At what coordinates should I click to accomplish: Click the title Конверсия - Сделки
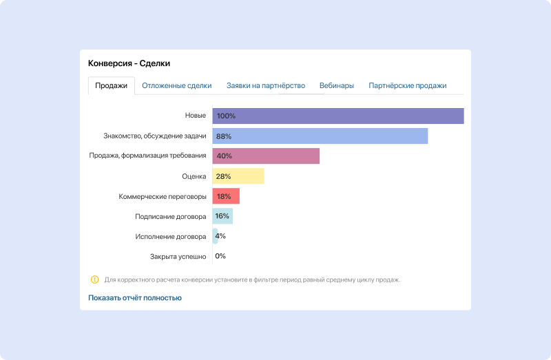[129, 63]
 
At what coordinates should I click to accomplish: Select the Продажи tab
[111, 86]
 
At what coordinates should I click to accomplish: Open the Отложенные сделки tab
[176, 86]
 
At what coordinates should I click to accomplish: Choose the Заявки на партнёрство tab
[265, 86]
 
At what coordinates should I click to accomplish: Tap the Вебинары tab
[337, 86]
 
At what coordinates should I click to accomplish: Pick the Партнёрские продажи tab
[407, 86]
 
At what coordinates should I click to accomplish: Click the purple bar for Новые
[337, 116]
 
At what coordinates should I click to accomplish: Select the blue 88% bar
[320, 136]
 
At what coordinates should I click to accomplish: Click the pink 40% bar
[266, 156]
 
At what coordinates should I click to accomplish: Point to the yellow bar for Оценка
[238, 176]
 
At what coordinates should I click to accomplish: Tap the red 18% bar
[226, 196]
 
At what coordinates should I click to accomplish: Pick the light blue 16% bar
[222, 216]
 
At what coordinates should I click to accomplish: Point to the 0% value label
[220, 256]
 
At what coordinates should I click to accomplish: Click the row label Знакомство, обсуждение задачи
[154, 136]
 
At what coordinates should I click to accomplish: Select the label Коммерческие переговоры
[162, 196]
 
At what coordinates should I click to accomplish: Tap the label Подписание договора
[170, 216]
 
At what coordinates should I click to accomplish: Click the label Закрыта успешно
[178, 256]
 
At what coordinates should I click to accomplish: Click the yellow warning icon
[94, 279]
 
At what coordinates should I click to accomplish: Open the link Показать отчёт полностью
[135, 298]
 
